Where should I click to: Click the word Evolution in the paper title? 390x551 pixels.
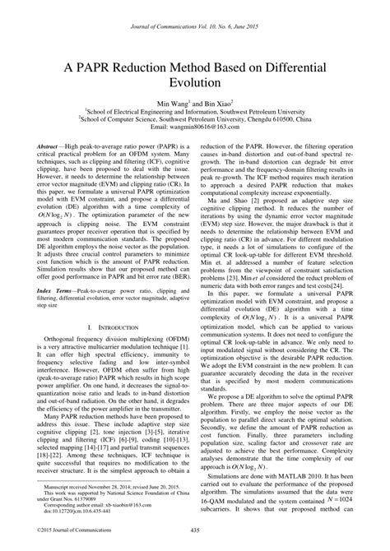(x=194, y=83)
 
